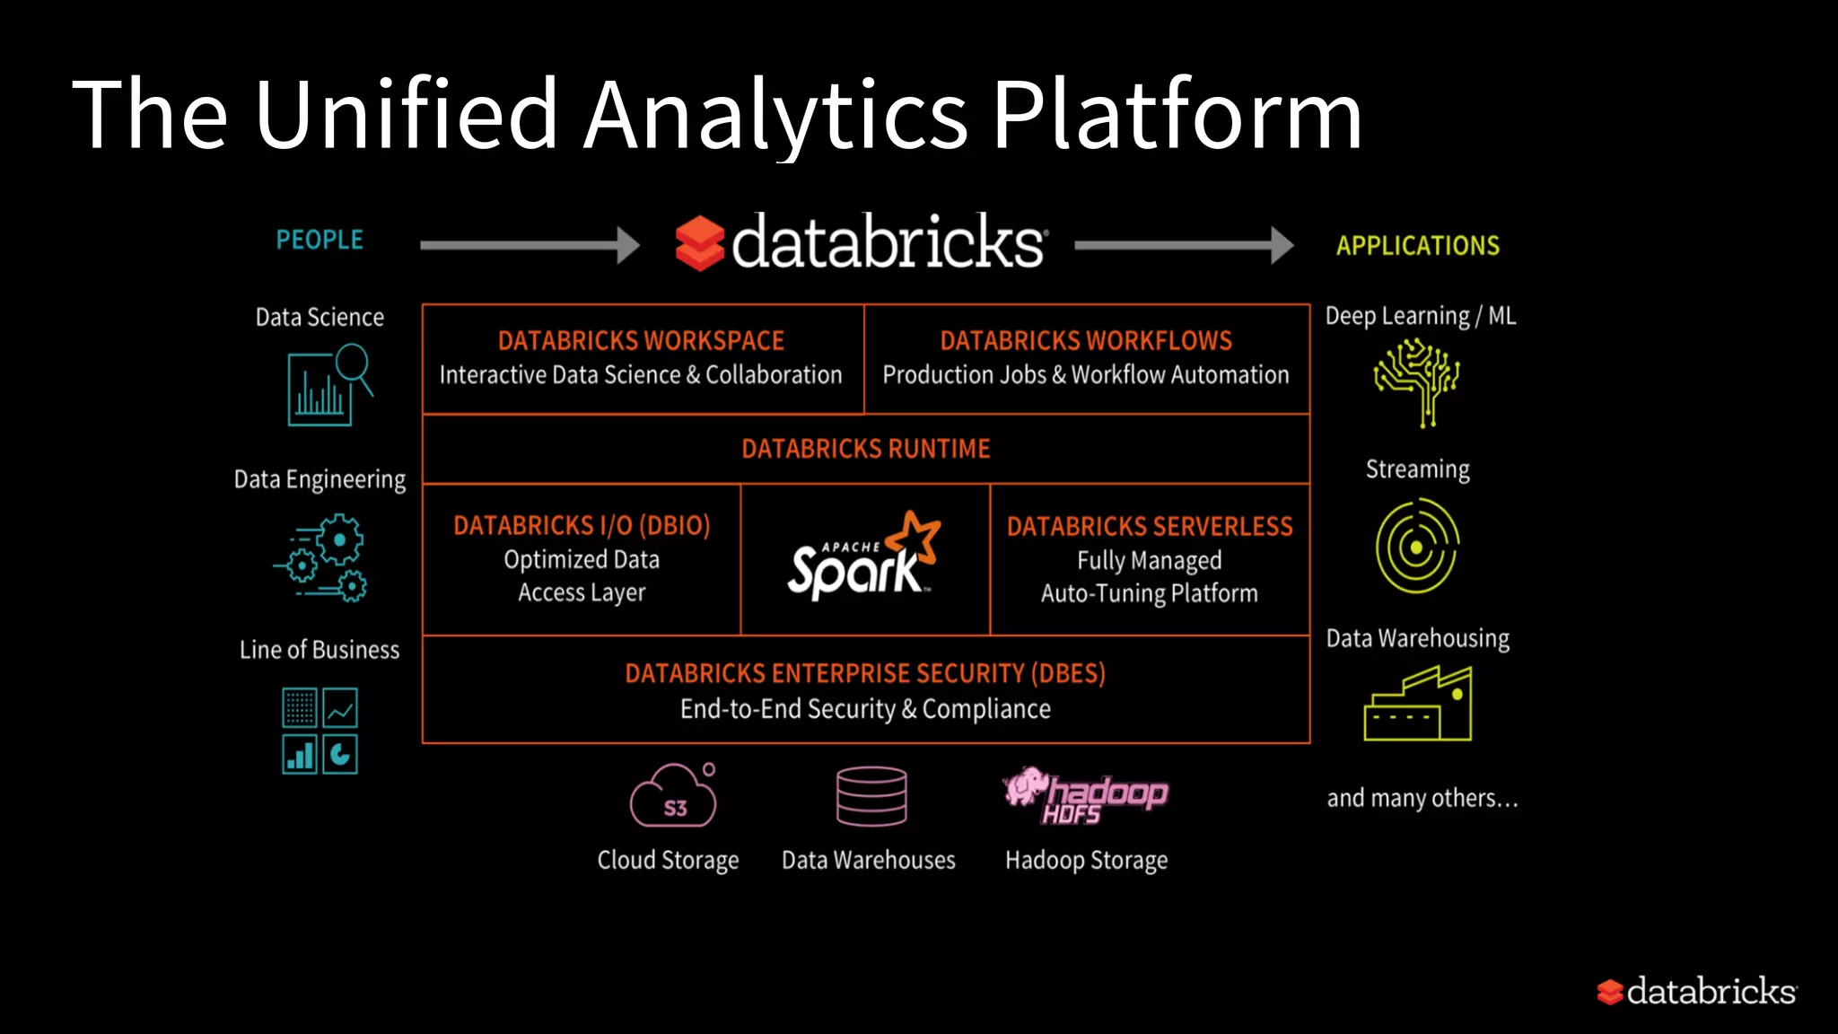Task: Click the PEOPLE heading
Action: (319, 240)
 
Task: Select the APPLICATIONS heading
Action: (1417, 245)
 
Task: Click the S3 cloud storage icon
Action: (674, 797)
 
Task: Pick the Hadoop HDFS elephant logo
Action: (1084, 795)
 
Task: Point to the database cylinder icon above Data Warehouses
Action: (871, 796)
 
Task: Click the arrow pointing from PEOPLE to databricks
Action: (530, 244)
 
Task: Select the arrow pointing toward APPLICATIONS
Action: (1183, 244)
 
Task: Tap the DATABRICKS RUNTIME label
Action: (865, 449)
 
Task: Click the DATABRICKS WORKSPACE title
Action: (641, 341)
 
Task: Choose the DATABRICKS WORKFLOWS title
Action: (1086, 341)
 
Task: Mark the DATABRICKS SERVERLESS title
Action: (1150, 526)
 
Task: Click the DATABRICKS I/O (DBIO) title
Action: (582, 525)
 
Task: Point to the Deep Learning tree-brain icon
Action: (1417, 381)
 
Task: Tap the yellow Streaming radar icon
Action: (1417, 547)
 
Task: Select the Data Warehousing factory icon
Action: (1417, 704)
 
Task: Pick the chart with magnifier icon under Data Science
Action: (328, 386)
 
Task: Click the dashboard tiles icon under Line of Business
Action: (319, 731)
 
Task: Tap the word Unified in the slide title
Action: (406, 114)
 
